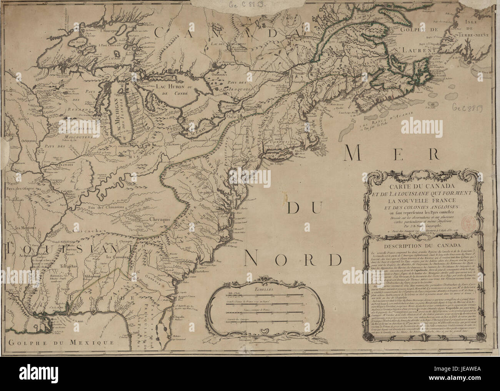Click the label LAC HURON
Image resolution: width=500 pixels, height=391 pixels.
(x=170, y=87)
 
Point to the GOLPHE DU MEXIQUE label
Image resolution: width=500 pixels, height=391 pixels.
(x=61, y=342)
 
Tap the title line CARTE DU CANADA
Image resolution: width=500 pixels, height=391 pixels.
(x=421, y=187)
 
